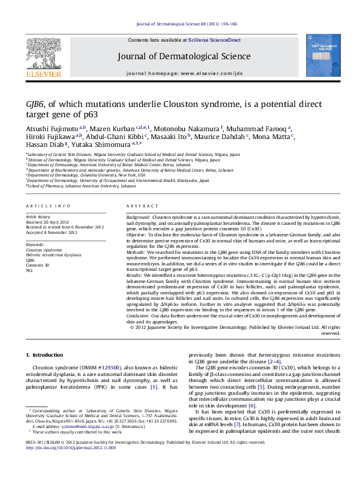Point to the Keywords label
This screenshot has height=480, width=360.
[35, 244]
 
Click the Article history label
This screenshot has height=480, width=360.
[37, 216]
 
